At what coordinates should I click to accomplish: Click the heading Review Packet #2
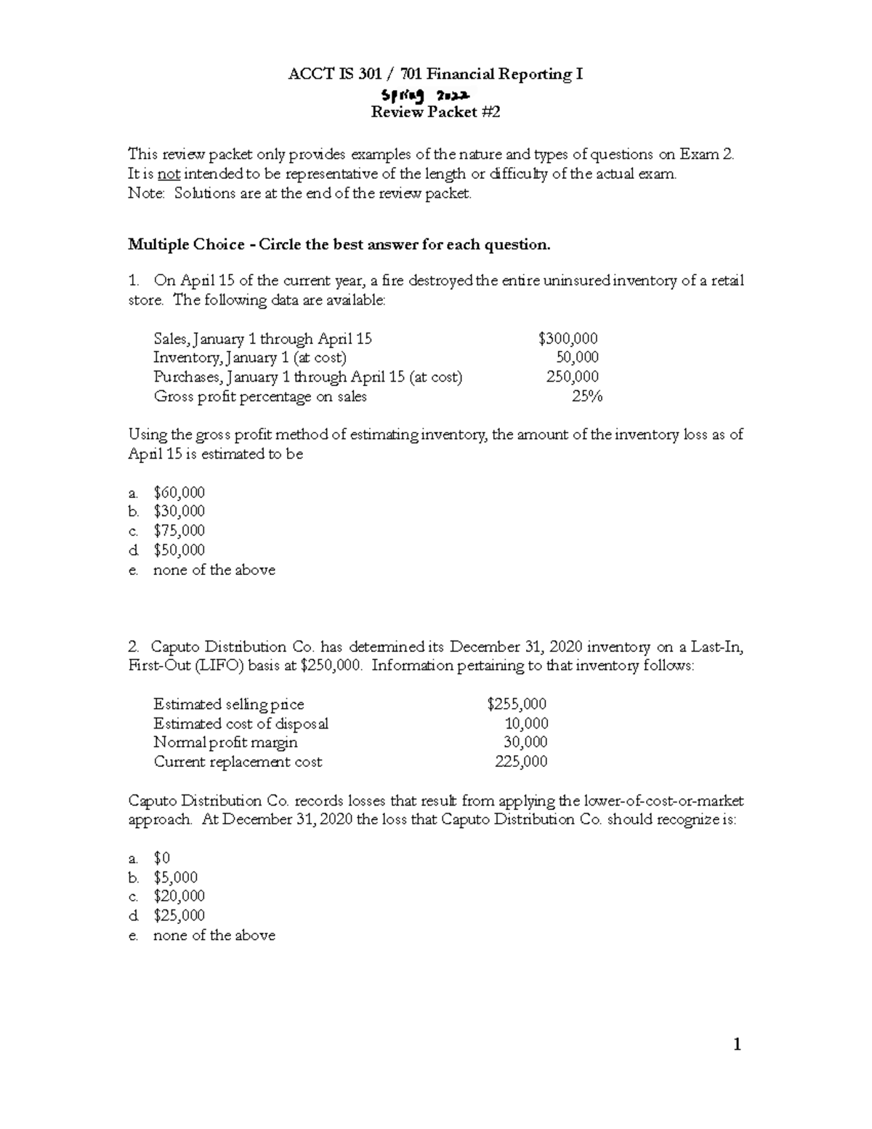[435, 112]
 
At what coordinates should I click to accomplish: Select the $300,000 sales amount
[568, 338]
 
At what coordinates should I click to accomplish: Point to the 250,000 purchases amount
[573, 377]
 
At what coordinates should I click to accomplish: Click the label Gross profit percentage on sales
[260, 396]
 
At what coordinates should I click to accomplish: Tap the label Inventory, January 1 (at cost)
[250, 358]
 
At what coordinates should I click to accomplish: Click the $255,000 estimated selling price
[517, 704]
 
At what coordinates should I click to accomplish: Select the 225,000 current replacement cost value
[521, 762]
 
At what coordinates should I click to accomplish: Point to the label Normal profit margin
[225, 742]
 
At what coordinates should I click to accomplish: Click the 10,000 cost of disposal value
[526, 723]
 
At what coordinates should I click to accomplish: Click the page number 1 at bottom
[737, 1045]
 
